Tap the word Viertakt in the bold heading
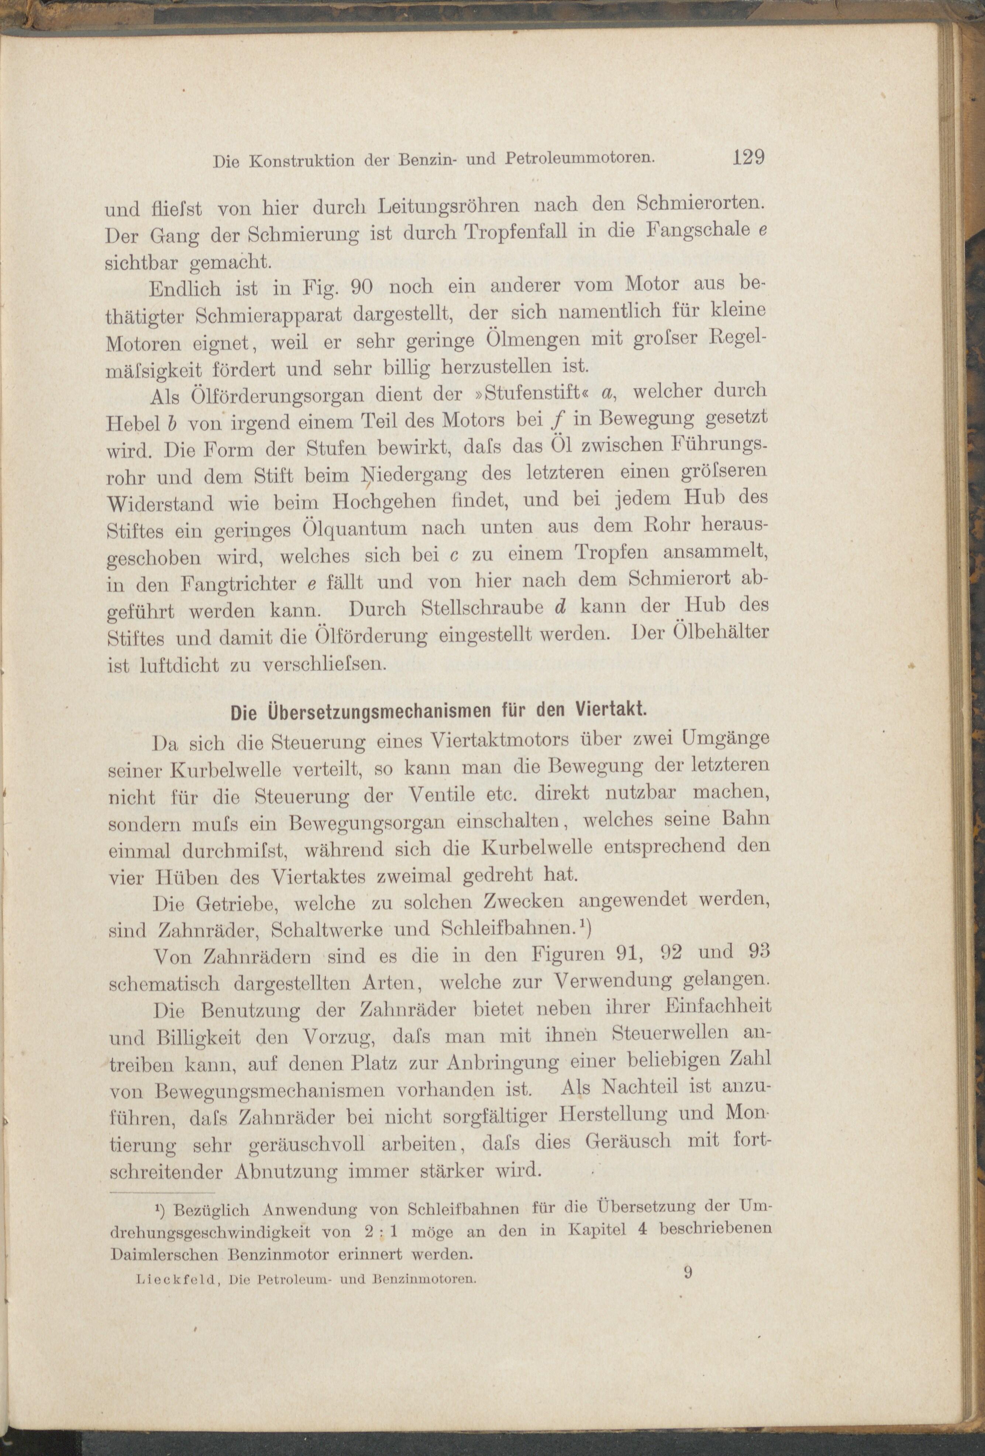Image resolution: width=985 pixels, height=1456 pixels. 612,712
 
